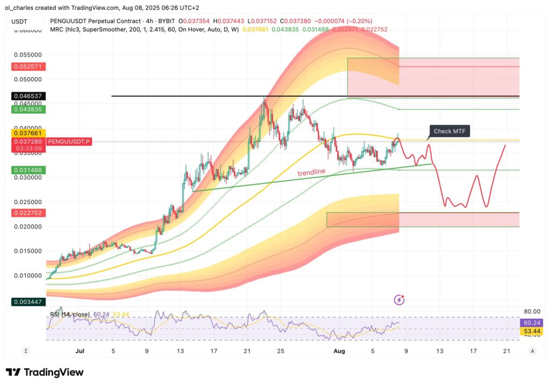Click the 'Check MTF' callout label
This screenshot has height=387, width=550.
[449, 132]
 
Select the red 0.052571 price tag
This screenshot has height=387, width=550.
[28, 67]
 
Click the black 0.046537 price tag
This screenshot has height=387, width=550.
[28, 97]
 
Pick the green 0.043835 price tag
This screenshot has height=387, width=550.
[28, 109]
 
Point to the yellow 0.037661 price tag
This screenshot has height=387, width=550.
[28, 133]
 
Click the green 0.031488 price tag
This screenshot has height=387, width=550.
[28, 170]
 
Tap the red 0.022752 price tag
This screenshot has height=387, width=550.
[28, 213]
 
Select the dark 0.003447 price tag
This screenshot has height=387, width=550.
[28, 302]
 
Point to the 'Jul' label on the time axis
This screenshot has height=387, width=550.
[80, 351]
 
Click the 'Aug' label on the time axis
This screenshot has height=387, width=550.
[339, 351]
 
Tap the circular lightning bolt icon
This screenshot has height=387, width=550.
[399, 300]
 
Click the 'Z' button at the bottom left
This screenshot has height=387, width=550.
[25, 351]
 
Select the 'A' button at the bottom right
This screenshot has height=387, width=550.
[532, 351]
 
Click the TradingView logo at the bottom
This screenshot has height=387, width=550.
[45, 372]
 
